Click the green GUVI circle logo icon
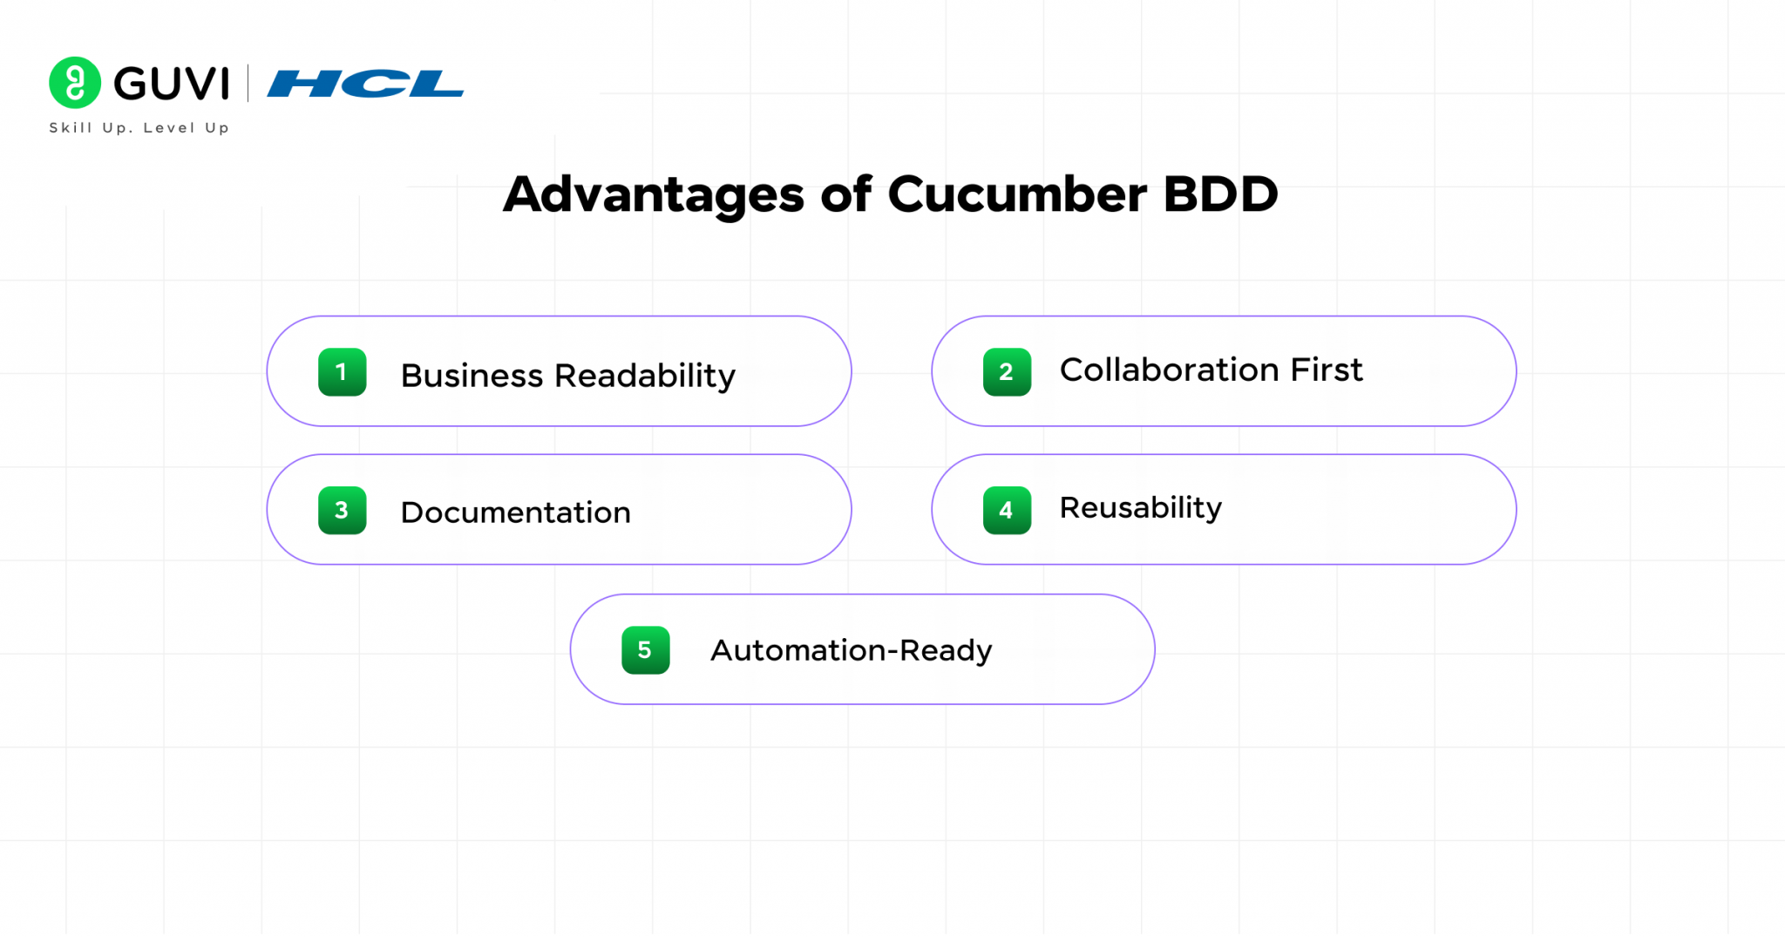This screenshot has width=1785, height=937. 75,83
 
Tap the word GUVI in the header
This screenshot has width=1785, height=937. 172,84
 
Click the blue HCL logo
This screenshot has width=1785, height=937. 365,84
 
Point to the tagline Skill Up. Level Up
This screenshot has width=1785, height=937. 139,128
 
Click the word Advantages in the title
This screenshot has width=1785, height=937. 653,194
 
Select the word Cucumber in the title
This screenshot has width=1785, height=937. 1016,194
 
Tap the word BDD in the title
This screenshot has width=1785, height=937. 1220,194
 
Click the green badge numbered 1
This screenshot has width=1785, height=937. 342,372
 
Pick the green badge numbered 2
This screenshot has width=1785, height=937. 1007,372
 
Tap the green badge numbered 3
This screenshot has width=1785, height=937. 342,511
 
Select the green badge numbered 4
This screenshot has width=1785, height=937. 1007,511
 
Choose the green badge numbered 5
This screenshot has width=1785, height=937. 645,650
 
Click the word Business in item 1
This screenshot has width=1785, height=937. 472,376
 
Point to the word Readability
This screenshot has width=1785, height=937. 645,376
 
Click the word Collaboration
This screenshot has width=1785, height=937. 1169,370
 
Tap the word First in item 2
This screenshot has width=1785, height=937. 1327,370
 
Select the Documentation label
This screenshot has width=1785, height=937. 515,513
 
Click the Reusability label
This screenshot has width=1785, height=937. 1140,508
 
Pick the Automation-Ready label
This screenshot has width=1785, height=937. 851,651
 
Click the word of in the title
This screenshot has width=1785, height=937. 845,194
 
